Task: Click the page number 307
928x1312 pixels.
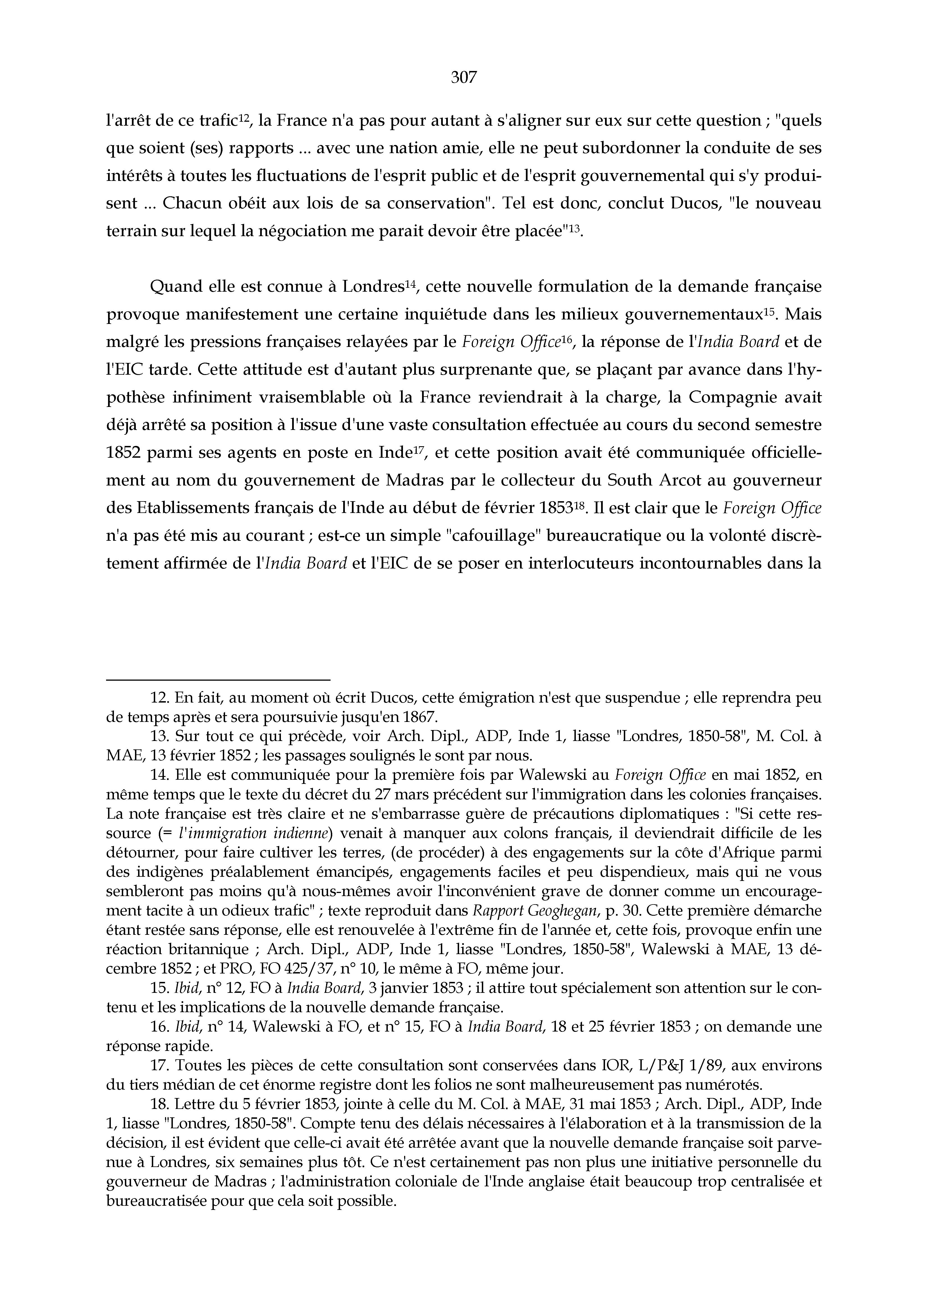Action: point(464,77)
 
